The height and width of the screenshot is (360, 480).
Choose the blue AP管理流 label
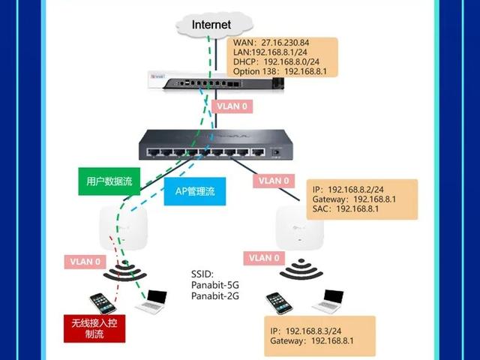pyautogui.click(x=194, y=192)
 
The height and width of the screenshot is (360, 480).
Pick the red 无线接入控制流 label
pyautogui.click(x=94, y=328)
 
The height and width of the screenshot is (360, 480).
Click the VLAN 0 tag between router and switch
pyautogui.click(x=232, y=106)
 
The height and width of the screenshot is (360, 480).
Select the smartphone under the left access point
pyautogui.click(x=102, y=303)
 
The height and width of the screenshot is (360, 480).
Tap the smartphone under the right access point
pyautogui.click(x=279, y=303)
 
